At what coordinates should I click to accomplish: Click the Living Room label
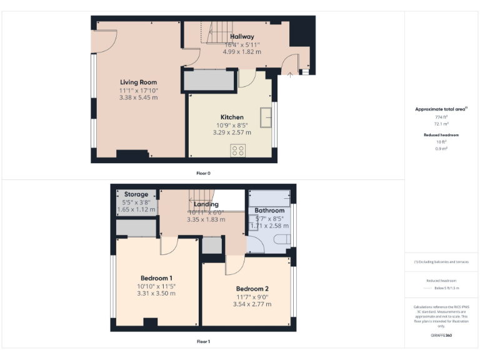[138, 82]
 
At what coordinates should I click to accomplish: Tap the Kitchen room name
[232, 117]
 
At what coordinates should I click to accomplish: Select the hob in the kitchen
[237, 150]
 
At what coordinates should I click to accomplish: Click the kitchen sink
[266, 117]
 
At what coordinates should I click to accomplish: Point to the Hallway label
[241, 37]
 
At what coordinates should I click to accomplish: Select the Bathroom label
[269, 211]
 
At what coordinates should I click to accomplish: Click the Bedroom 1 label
[156, 278]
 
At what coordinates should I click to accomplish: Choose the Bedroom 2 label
[252, 289]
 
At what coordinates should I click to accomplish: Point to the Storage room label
[136, 195]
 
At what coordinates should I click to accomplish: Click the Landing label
[206, 204]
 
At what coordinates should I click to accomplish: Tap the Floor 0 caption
[204, 173]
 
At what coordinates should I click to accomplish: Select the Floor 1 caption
[204, 342]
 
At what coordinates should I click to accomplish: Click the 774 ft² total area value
[442, 117]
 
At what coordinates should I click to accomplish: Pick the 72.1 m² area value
[442, 124]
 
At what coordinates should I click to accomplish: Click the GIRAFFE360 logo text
[441, 336]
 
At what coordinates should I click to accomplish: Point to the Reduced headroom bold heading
[442, 135]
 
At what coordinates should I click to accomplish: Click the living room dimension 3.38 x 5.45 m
[138, 97]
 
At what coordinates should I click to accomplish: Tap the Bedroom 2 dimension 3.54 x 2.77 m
[252, 303]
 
